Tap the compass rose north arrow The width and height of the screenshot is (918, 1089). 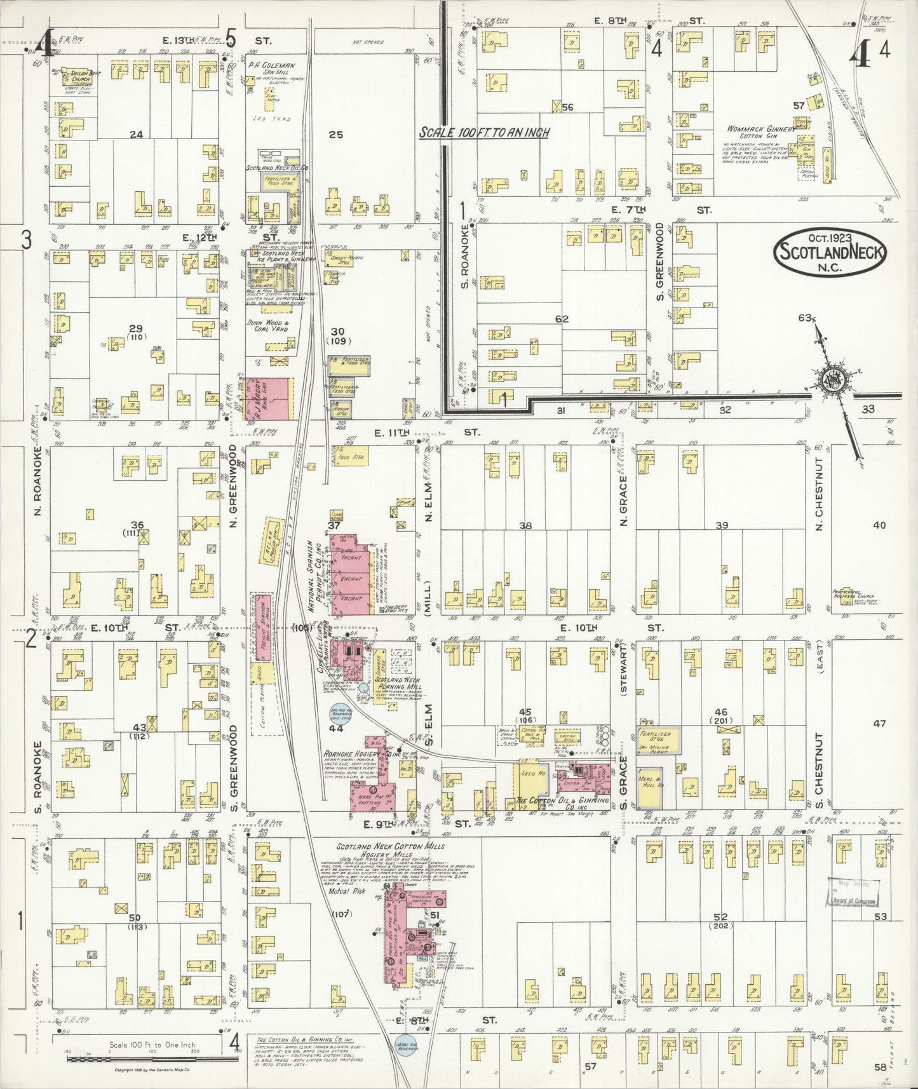pyautogui.click(x=831, y=380)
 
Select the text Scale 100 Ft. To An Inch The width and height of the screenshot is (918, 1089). pyautogui.click(x=484, y=133)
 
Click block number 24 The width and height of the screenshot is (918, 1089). pyautogui.click(x=135, y=134)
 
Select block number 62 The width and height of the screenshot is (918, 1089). pyautogui.click(x=561, y=319)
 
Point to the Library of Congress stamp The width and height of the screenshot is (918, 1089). pyautogui.click(x=853, y=895)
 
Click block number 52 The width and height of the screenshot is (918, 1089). pyautogui.click(x=720, y=917)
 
